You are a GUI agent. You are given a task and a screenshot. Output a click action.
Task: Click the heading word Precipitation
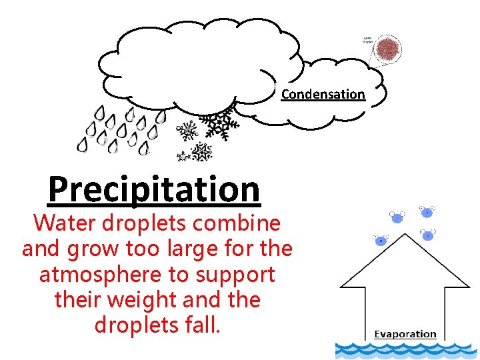pos(154,189)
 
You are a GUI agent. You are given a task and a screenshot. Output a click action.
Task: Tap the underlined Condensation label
pos(323,94)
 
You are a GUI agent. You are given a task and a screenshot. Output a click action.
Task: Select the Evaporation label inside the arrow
pos(405,334)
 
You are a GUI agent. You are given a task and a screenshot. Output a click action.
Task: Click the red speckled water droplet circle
pos(388,49)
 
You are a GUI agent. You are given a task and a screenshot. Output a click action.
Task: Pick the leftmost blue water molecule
pos(381,240)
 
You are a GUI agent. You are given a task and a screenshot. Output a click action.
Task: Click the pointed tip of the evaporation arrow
pos(405,234)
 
